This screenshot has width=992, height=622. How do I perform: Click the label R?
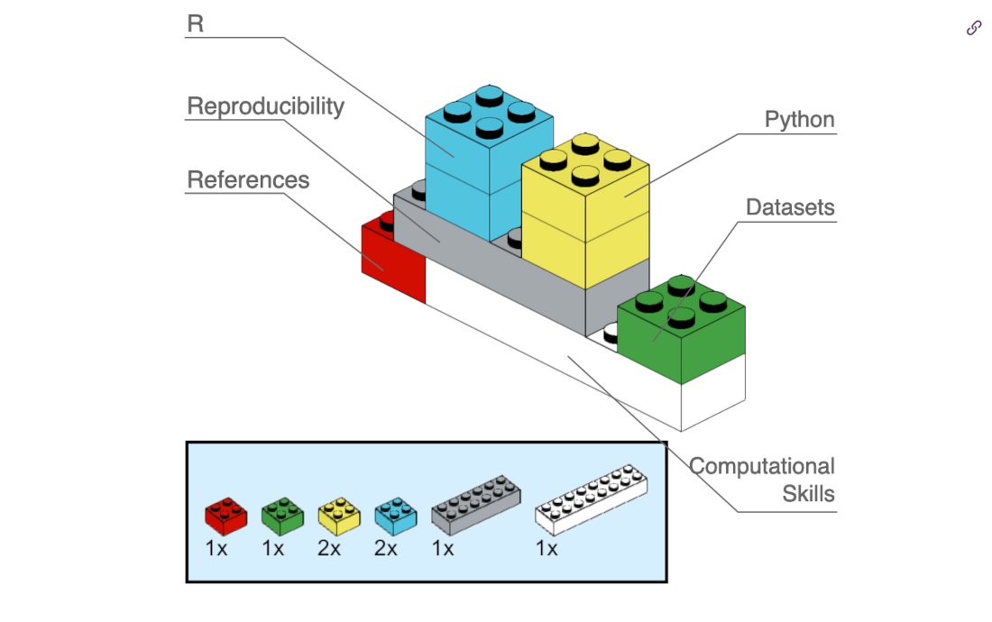pyautogui.click(x=196, y=23)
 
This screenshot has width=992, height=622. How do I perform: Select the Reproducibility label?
pyautogui.click(x=265, y=106)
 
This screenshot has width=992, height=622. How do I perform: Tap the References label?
pyautogui.click(x=248, y=180)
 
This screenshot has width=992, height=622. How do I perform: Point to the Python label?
pyautogui.click(x=799, y=120)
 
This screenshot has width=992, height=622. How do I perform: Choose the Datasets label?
pyautogui.click(x=790, y=207)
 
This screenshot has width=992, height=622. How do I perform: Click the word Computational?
pyautogui.click(x=762, y=466)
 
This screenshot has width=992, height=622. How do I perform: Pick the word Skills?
pyautogui.click(x=808, y=494)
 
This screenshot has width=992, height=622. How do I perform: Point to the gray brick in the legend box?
pyautogui.click(x=475, y=501)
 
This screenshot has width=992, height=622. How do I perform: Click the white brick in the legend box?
pyautogui.click(x=591, y=497)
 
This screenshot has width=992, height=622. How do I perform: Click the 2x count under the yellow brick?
pyautogui.click(x=329, y=548)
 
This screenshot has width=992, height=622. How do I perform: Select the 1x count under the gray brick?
pyautogui.click(x=443, y=548)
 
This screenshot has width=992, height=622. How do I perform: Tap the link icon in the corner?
pyautogui.click(x=973, y=28)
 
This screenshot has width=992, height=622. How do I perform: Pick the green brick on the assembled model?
pyautogui.click(x=683, y=329)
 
